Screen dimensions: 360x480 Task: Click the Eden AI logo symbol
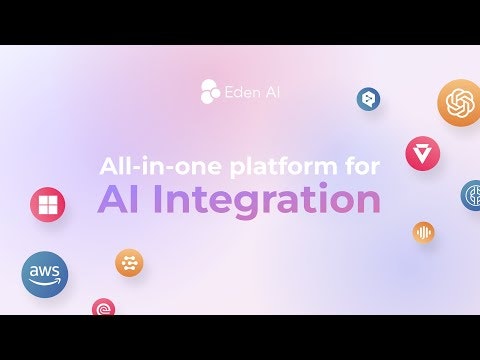[209, 89]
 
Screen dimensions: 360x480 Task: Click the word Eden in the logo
[241, 90]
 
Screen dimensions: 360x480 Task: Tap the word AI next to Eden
[271, 90]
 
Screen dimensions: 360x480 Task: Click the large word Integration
[267, 200]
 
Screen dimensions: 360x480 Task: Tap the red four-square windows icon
[47, 204]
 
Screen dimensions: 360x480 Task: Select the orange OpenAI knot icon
[460, 102]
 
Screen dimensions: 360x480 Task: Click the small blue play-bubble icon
[369, 98]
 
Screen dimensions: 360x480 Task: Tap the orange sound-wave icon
[424, 232]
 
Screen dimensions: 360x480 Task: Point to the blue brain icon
[471, 195]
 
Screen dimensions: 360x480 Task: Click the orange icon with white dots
[129, 263]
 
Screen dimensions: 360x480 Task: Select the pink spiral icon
[103, 307]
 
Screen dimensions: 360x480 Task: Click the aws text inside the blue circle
[45, 271]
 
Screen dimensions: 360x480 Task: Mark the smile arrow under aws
[46, 284]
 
